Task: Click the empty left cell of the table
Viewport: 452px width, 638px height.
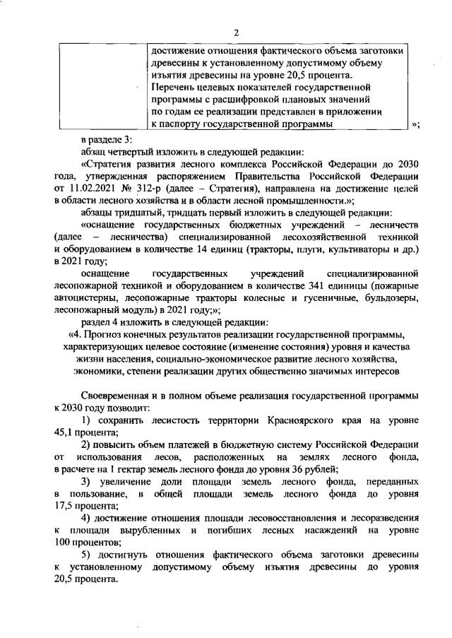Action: point(102,85)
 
